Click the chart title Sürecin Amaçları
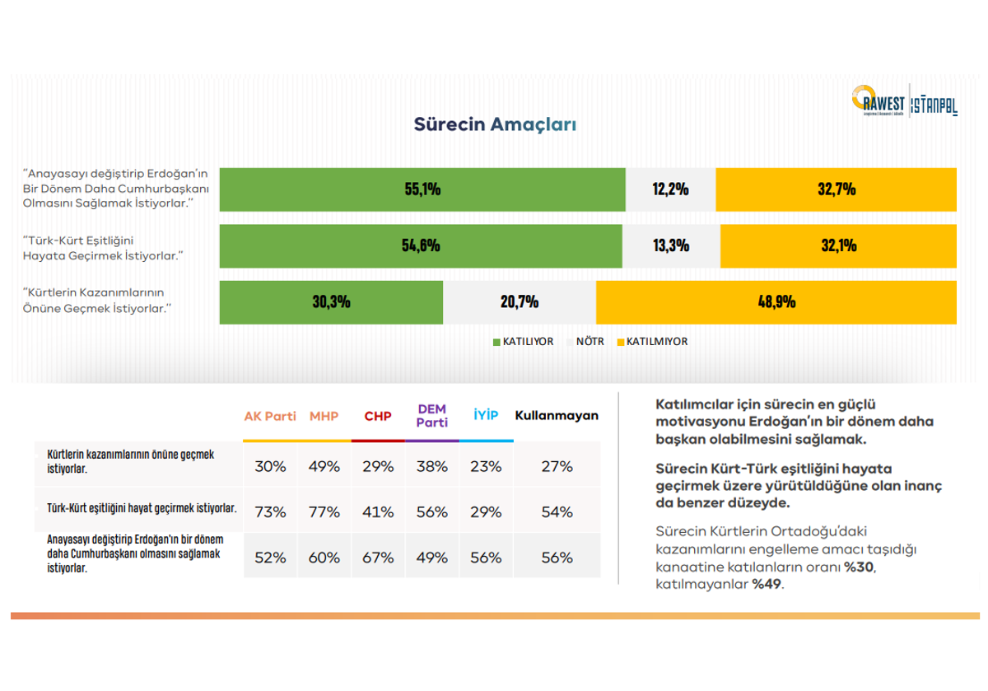point(494,124)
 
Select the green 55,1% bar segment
point(422,189)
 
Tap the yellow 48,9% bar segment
point(776,301)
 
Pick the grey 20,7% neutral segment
point(520,301)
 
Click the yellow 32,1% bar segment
point(838,245)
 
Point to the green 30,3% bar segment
point(331,301)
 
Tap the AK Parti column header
point(270,416)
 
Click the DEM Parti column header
point(431,415)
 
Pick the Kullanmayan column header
point(557,416)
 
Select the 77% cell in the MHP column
point(324,511)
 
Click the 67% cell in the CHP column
point(378,558)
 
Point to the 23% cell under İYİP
point(486,466)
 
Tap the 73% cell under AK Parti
point(270,511)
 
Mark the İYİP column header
point(486,416)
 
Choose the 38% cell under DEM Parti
point(431,466)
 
